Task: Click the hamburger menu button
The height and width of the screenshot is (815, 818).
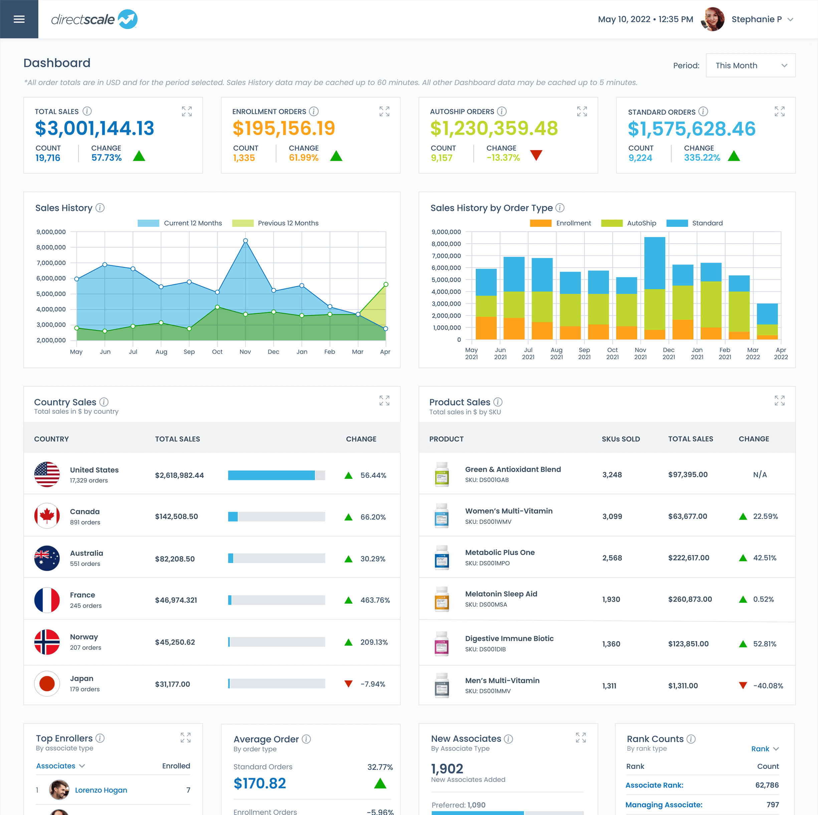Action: point(19,19)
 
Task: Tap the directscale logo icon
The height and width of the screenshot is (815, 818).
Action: point(128,19)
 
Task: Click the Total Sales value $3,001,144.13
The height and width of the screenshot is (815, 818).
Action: point(94,128)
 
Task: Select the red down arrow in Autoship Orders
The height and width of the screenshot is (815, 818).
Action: point(536,155)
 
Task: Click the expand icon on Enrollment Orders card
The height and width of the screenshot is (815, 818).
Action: point(384,111)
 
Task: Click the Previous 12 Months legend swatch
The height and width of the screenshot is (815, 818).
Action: point(243,223)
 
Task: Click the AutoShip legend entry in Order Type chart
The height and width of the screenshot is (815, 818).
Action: point(628,223)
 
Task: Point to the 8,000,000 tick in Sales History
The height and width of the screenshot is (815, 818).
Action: point(51,247)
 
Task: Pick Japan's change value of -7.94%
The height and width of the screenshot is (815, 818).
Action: point(373,684)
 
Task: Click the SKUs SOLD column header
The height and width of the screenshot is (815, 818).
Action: point(621,439)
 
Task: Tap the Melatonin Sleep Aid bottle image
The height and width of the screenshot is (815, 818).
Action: point(442,599)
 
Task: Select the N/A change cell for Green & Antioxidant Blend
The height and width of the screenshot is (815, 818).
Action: point(760,474)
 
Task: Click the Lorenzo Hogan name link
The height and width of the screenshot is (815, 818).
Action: point(101,790)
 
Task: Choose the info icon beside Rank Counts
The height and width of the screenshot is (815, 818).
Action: point(691,739)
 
